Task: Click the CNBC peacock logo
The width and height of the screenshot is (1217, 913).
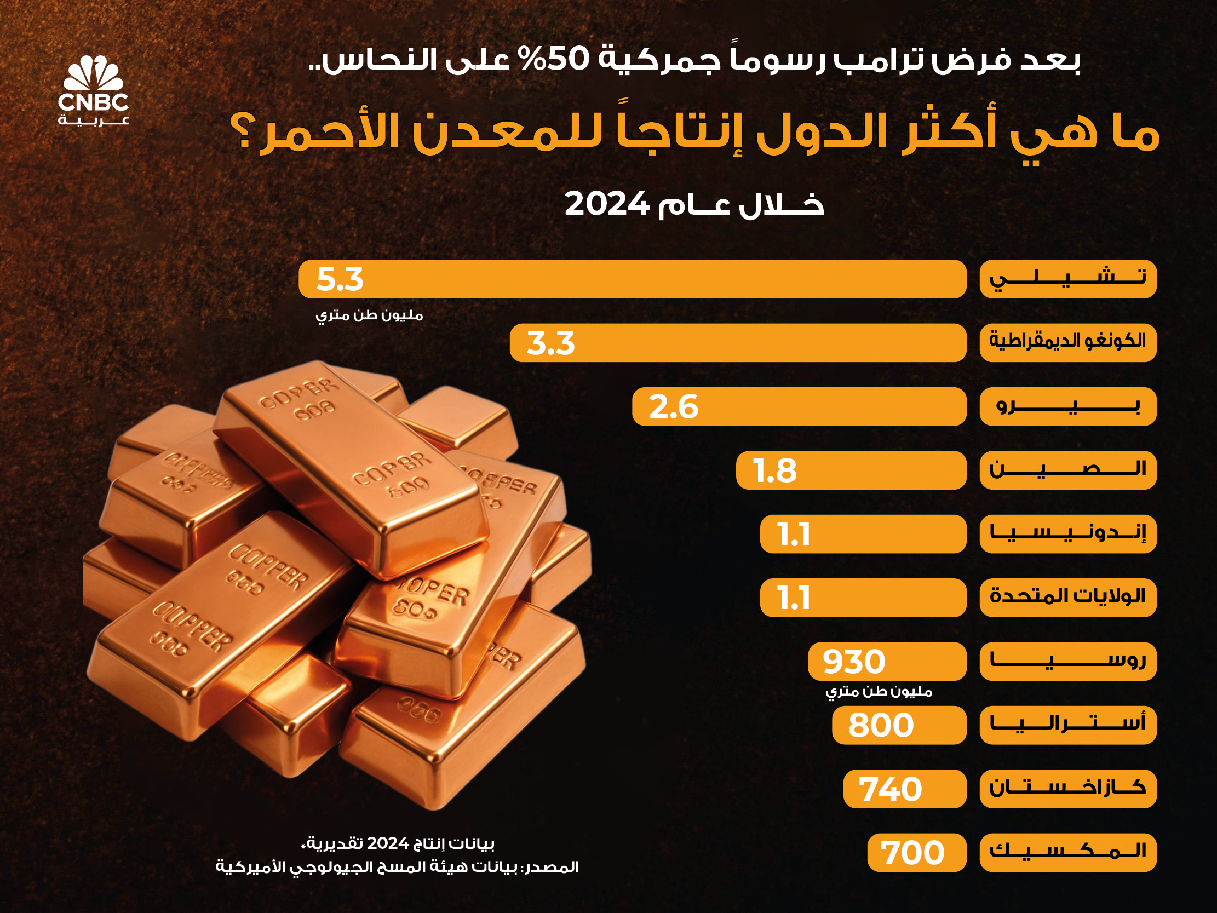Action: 93,74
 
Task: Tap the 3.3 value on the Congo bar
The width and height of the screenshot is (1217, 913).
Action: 550,343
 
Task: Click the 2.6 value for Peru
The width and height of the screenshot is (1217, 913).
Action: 674,407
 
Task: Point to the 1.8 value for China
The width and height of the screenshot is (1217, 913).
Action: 774,470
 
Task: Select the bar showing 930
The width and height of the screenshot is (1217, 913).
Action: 886,662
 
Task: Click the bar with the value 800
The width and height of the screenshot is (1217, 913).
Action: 898,725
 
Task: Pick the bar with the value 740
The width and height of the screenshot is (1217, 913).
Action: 904,789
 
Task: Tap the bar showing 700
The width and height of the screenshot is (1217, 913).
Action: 916,853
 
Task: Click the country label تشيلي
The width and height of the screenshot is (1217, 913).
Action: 1067,279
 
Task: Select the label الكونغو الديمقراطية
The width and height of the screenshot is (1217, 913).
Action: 1067,343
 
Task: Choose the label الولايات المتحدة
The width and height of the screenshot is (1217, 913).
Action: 1067,598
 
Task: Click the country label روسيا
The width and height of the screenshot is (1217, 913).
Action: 1067,662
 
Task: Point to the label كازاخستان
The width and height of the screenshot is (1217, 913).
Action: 1067,789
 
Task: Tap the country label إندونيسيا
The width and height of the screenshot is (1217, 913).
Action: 1067,534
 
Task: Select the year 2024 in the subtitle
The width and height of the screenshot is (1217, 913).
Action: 607,204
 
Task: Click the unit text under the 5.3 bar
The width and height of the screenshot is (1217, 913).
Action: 369,315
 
